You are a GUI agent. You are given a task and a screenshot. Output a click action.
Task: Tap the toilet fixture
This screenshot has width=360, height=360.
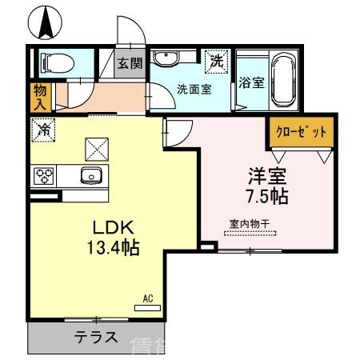tap(56, 62)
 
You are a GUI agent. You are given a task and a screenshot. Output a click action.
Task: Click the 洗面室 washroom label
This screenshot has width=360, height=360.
tap(194, 89)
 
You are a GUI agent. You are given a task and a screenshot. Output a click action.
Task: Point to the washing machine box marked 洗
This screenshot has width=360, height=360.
tap(216, 60)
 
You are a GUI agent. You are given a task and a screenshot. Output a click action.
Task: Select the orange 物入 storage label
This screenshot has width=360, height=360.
tap(39, 96)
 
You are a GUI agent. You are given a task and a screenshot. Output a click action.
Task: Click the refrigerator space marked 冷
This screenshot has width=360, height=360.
tap(43, 128)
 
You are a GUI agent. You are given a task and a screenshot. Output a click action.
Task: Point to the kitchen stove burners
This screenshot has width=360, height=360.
tap(44, 175)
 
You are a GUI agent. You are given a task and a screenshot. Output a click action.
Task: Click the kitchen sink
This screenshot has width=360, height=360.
tap(90, 175)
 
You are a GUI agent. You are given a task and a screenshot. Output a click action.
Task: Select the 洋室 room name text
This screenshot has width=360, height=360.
tap(266, 174)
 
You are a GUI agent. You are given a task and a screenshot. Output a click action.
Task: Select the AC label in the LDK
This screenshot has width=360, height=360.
tap(148, 298)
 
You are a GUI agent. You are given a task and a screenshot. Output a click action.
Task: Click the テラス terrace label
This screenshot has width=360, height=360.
tap(97, 337)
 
